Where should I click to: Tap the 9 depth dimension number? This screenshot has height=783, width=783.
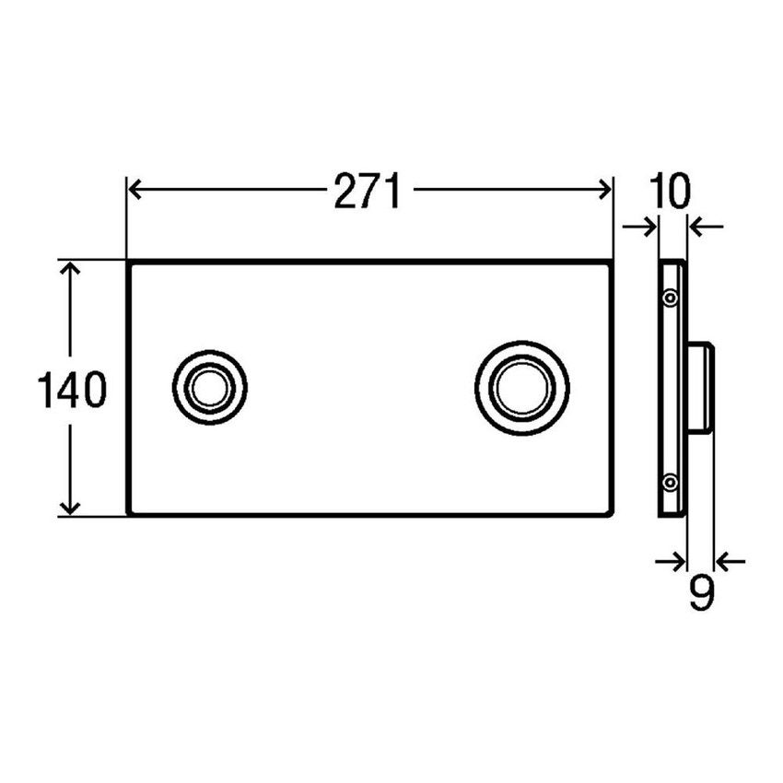(700, 593)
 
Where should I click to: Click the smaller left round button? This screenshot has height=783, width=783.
(210, 387)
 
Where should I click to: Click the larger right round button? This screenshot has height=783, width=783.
(522, 387)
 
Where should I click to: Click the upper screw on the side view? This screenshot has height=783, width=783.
(672, 298)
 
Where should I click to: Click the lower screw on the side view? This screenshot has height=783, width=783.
(672, 480)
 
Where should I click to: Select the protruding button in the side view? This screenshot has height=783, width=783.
(700, 387)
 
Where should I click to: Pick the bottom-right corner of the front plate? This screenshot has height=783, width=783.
(611, 513)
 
